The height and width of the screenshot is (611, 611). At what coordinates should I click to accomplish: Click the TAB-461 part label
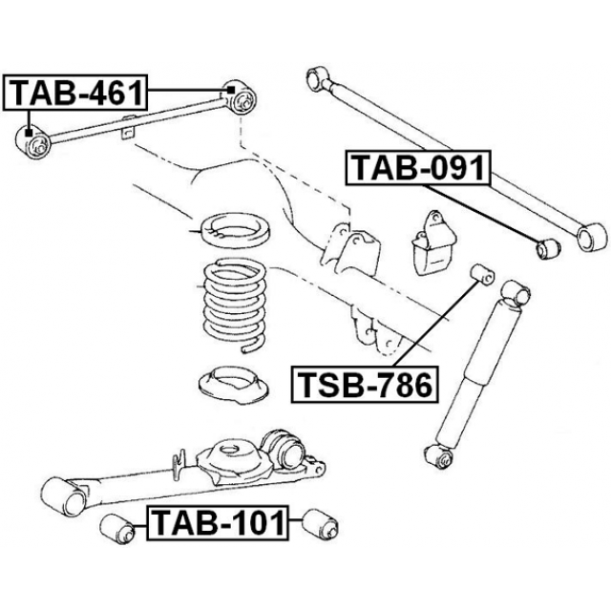point(77,93)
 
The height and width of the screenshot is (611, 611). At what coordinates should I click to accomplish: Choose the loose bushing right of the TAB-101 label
point(315,523)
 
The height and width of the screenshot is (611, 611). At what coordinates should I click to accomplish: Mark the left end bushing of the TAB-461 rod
point(37,144)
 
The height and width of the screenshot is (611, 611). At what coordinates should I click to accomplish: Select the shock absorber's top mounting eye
point(516,291)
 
